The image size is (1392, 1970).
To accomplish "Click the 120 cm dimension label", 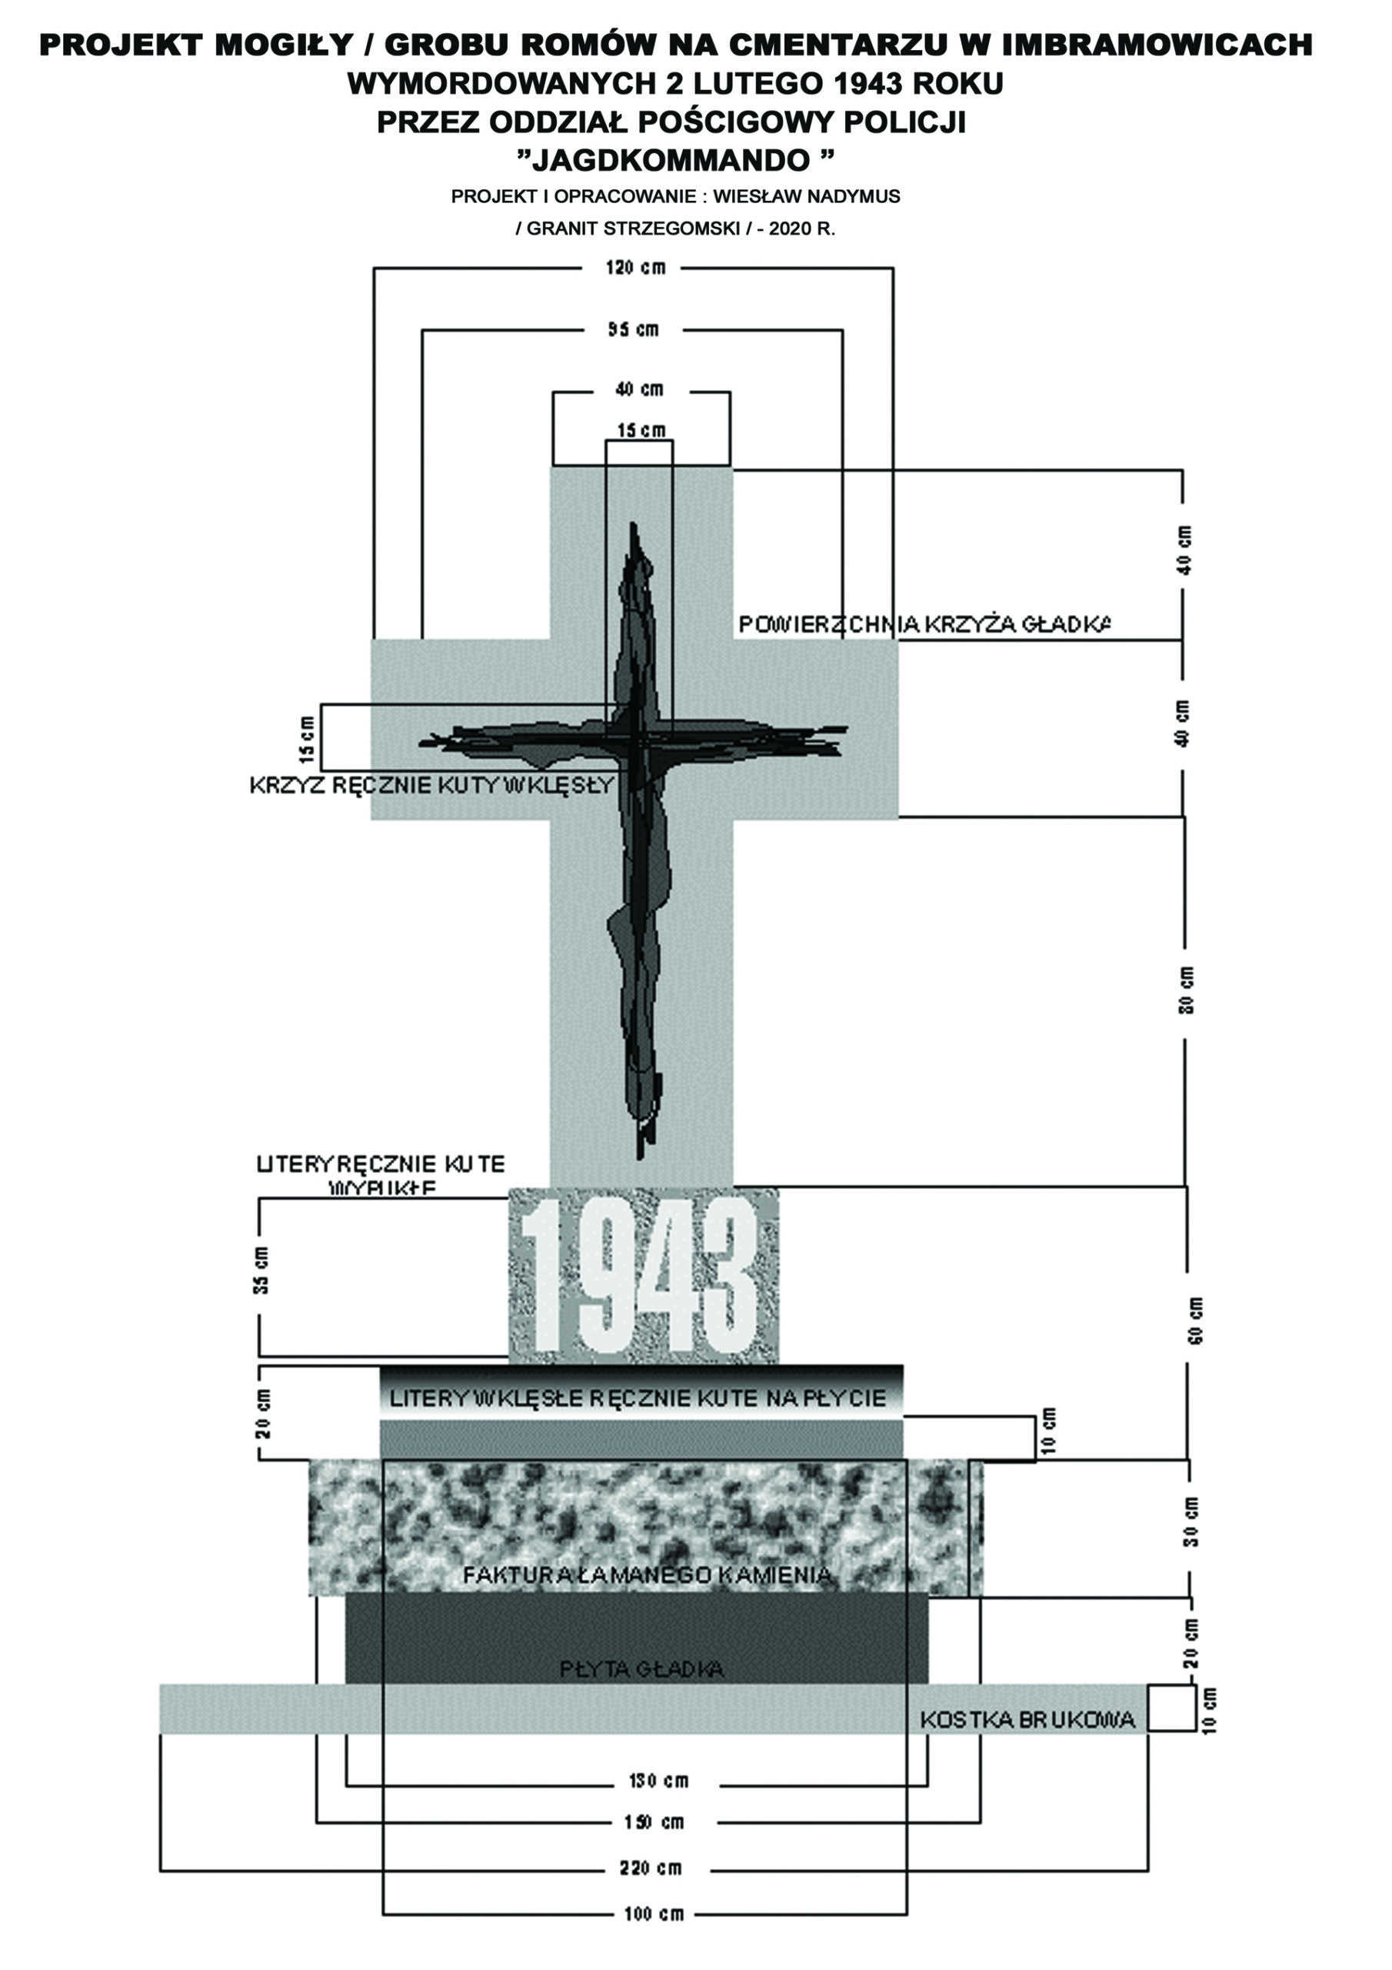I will click(634, 268).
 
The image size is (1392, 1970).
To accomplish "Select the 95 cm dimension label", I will click(634, 329).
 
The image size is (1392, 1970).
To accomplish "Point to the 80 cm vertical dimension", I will click(1186, 990).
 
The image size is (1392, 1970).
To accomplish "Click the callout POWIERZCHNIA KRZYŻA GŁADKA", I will click(924, 625).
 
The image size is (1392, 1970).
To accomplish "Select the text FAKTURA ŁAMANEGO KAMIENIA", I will click(647, 1575).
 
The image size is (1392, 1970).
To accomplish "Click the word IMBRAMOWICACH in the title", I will click(1156, 45).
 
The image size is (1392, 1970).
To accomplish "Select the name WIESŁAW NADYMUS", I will click(806, 196).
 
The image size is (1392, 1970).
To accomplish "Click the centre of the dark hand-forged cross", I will click(636, 740).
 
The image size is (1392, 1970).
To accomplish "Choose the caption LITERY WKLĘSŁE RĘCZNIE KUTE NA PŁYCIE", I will click(638, 1398).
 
